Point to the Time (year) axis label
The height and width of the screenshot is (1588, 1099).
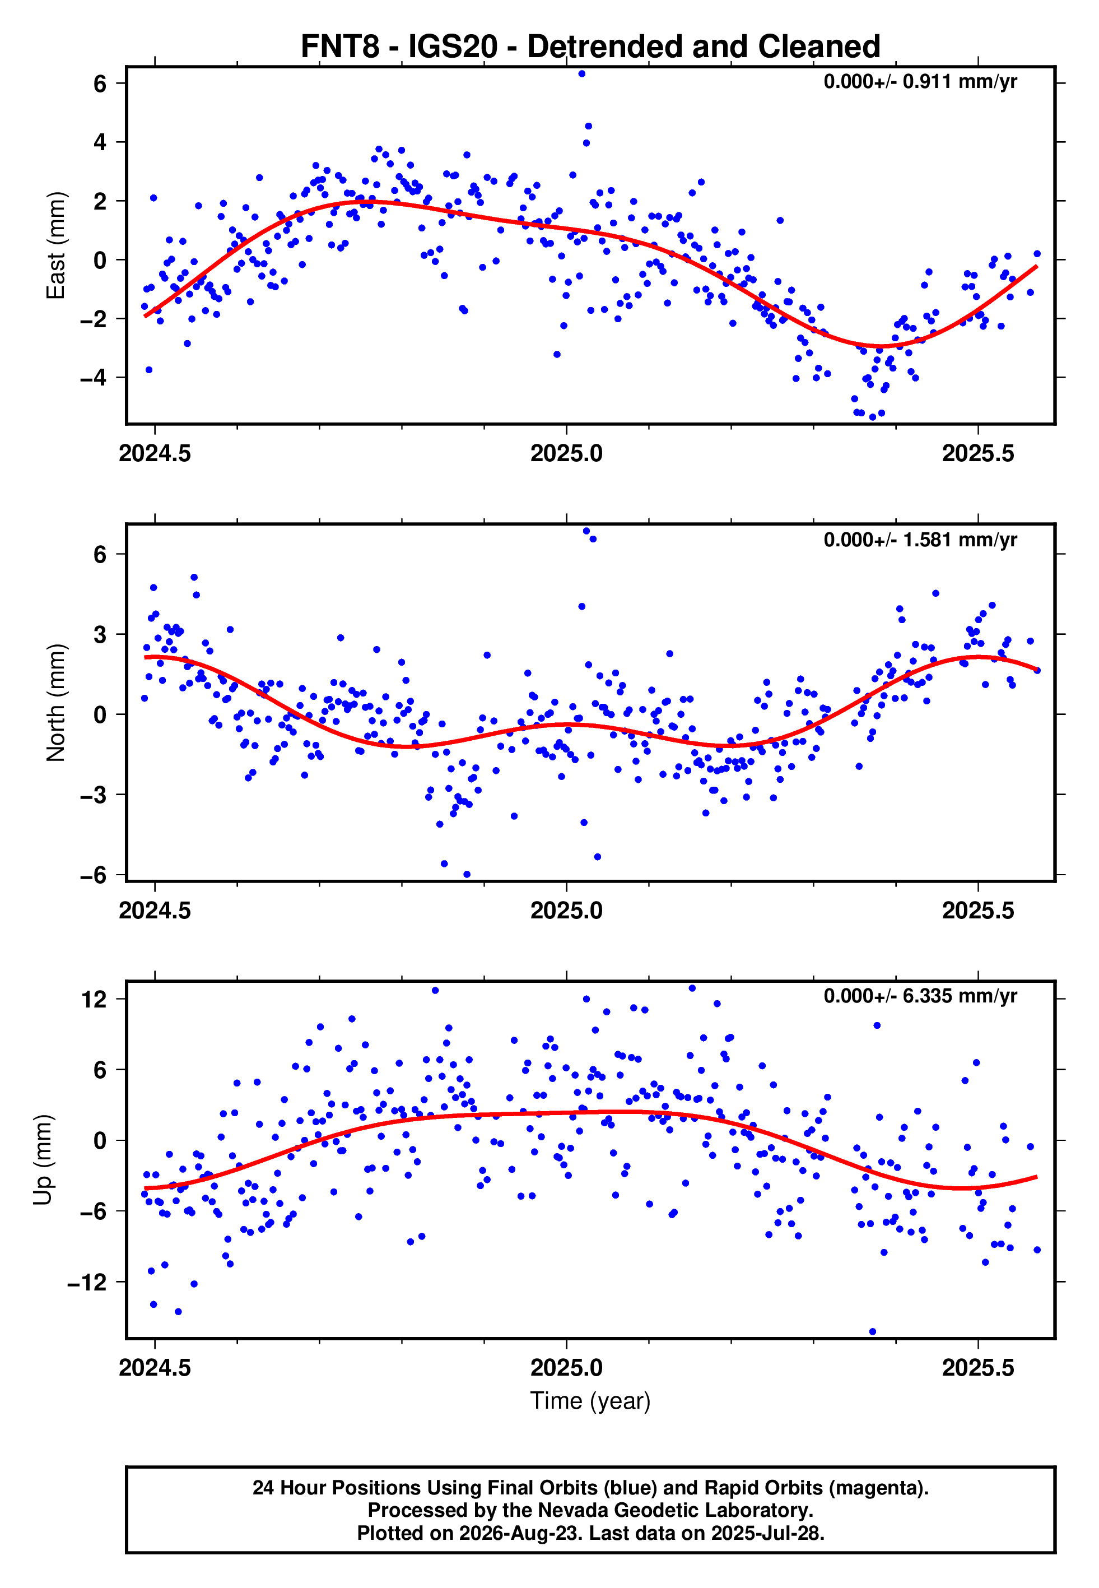click(590, 1401)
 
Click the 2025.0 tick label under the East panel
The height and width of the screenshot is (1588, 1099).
click(566, 453)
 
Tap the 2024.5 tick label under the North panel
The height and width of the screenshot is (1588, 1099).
click(155, 911)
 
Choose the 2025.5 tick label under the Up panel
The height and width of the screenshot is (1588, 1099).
click(978, 1367)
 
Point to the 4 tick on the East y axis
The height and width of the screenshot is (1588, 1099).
click(100, 142)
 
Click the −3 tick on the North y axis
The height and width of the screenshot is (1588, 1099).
click(93, 795)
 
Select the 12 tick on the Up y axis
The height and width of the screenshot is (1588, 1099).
click(94, 999)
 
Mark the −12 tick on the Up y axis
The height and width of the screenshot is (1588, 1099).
click(87, 1282)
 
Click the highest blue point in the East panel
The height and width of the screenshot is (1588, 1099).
click(582, 73)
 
